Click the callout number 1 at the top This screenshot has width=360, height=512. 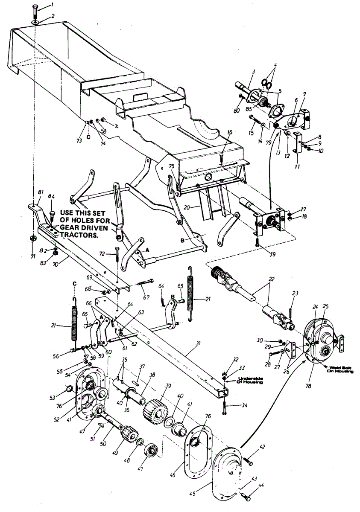click(x=52, y=5)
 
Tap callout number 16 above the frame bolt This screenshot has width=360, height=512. click(x=230, y=132)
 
